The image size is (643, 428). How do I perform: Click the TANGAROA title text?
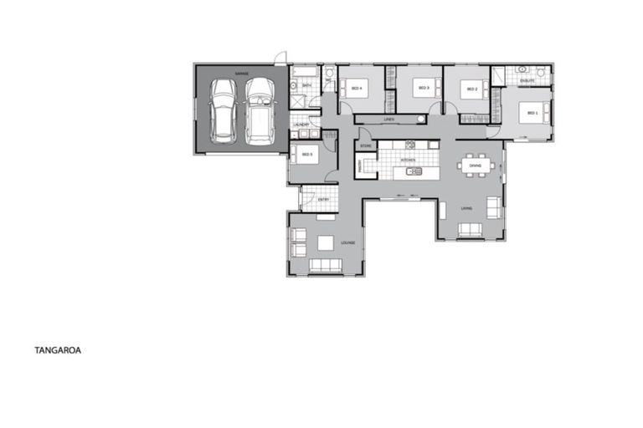point(57,352)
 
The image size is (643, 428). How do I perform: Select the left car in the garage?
point(224,110)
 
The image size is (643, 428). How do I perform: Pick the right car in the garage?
point(260,110)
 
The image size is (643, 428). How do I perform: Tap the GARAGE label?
point(241,74)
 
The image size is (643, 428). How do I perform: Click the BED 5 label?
point(306,155)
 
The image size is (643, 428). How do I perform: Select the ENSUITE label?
point(527,81)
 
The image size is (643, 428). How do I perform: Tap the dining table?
point(476,165)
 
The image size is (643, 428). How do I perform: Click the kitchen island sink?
point(413,172)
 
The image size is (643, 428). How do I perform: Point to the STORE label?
point(365,145)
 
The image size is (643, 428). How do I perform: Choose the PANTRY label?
point(360,166)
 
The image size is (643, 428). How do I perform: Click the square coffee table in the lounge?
point(325,243)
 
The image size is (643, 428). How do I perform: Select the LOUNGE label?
point(347,243)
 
